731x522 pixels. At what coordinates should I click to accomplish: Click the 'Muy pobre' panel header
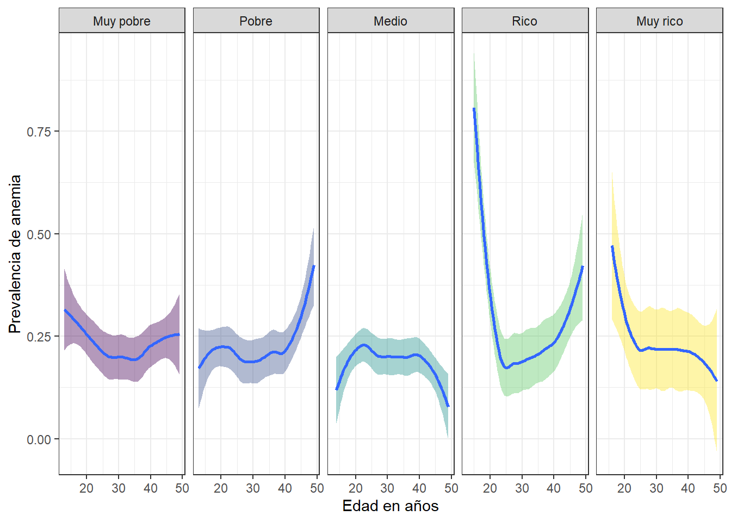point(122,21)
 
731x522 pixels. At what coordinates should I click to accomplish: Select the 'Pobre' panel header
point(256,21)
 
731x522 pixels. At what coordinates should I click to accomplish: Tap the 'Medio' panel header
point(391,21)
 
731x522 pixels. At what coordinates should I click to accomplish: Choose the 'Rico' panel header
point(524,21)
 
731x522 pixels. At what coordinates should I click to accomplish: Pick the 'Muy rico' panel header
point(659,21)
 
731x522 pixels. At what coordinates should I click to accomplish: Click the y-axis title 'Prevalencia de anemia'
point(15,254)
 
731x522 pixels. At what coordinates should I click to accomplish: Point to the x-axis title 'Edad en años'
point(390,506)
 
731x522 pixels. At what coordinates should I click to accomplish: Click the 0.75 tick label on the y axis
point(39,132)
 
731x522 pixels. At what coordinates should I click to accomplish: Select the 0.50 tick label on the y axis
point(39,234)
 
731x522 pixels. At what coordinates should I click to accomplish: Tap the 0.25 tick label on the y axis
point(39,337)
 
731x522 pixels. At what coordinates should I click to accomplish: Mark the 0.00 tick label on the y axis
point(39,439)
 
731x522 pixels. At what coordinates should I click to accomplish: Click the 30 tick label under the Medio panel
point(387,488)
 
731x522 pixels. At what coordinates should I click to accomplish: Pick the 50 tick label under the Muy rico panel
point(720,488)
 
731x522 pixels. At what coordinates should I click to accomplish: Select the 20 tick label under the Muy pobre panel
point(86,488)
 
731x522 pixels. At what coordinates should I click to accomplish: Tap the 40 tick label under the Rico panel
point(554,488)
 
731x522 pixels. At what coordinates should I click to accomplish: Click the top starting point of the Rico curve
point(474,109)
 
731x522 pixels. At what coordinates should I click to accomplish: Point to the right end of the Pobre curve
point(314,266)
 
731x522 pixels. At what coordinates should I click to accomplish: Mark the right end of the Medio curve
point(448,406)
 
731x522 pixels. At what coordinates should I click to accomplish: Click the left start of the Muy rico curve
point(612,246)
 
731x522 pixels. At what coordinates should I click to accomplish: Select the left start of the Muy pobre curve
point(65,310)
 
